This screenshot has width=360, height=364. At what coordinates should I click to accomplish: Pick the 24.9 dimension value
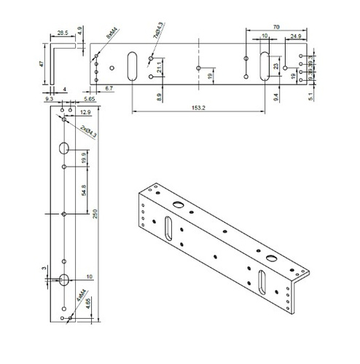295,36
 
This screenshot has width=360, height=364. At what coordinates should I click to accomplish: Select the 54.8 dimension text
85,190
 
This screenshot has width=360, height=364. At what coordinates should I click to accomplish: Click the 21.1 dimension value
160,68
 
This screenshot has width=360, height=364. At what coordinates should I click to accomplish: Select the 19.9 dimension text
85,157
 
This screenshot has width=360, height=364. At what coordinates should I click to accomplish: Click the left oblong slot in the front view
133,66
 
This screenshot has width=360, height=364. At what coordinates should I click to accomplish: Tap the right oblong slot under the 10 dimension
263,67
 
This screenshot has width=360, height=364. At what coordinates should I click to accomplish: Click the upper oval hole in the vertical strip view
63,149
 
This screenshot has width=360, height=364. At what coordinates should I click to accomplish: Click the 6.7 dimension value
108,87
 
